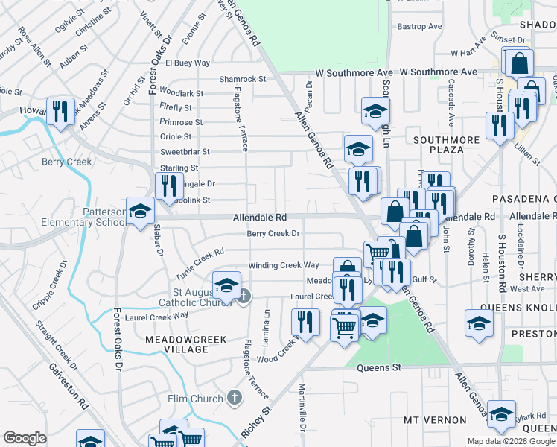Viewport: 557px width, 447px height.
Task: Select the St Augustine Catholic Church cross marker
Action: pyautogui.click(x=244, y=297)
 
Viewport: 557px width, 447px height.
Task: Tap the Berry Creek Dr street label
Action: pyautogui.click(x=273, y=233)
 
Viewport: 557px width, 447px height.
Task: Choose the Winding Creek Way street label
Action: pyautogui.click(x=283, y=265)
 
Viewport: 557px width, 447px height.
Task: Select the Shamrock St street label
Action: pyautogui.click(x=243, y=79)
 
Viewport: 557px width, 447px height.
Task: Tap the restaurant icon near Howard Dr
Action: pyautogui.click(x=59, y=112)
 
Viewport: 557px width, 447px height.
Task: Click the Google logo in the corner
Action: pyautogui.click(x=25, y=438)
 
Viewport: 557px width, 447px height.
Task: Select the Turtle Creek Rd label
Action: pyautogui.click(x=200, y=264)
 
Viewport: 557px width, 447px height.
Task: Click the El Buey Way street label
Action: pyautogui.click(x=188, y=63)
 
